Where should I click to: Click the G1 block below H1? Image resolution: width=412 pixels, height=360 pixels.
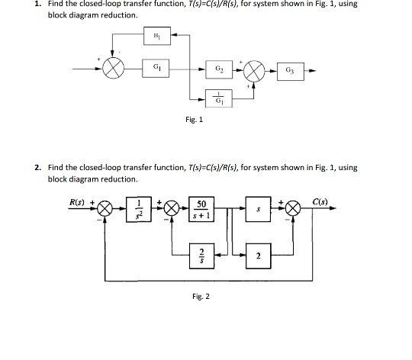click(156, 69)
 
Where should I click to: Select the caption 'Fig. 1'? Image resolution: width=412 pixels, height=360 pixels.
click(195, 119)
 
